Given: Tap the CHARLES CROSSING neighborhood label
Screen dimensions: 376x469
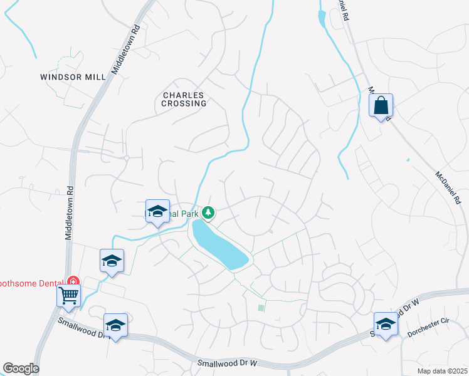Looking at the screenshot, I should tap(184, 99).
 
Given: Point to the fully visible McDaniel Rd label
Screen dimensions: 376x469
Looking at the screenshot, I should tap(448, 188).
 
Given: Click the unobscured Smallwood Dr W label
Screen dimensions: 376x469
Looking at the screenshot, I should tap(228, 363).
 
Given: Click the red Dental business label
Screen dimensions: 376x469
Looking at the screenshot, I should tap(31, 283).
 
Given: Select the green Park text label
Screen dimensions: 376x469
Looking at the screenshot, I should tap(188, 214).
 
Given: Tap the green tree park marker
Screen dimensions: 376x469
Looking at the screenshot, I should tap(209, 213).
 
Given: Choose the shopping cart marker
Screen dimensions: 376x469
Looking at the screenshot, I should tap(68, 295).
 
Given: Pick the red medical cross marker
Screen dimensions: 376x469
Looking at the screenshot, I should tap(73, 280).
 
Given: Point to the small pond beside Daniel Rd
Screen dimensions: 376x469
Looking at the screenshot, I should tap(322, 19).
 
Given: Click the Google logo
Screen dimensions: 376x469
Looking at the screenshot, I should tap(21, 368).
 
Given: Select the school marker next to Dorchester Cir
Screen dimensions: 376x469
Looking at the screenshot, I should tap(386, 324).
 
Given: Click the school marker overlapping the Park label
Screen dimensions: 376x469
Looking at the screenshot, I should tap(157, 211).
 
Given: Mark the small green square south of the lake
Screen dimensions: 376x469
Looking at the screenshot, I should tap(261, 307).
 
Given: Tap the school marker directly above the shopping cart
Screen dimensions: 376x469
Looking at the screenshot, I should tap(112, 261).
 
